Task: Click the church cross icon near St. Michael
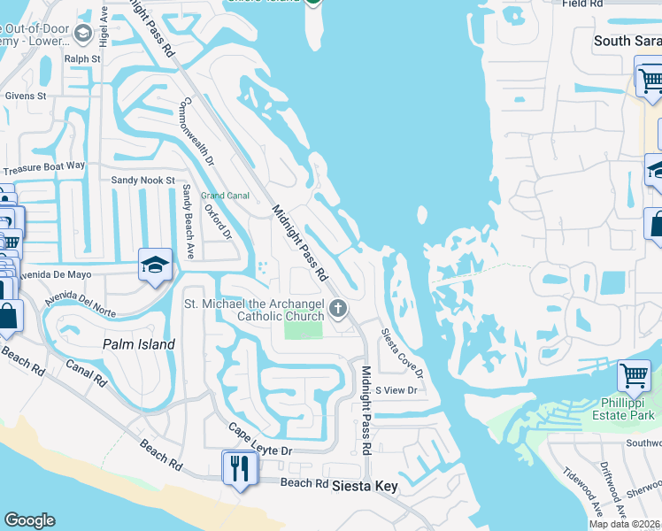pos(337,309)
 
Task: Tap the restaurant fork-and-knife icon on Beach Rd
pos(238,466)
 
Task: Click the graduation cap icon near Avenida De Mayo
pos(155,265)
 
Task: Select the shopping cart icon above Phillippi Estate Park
pos(634,376)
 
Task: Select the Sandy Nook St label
pos(143,180)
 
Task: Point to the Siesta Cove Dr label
pos(402,353)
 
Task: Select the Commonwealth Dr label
pos(196,132)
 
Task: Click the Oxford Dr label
pos(218,221)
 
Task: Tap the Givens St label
pos(26,96)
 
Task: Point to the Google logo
pos(29,520)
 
